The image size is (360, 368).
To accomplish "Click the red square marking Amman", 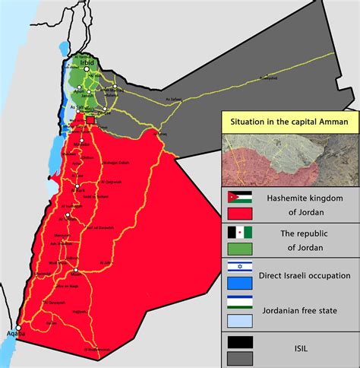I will click(x=90, y=120).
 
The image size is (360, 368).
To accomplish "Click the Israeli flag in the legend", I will click(x=240, y=268).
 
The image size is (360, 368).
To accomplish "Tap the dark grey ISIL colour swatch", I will click(x=240, y=357).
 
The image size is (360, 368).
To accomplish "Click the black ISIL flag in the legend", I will click(x=240, y=341).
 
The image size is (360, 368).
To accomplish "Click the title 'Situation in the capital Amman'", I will click(x=289, y=121).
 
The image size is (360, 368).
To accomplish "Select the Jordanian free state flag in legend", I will click(x=240, y=304).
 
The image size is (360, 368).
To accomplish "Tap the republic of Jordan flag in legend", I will click(x=240, y=232).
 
